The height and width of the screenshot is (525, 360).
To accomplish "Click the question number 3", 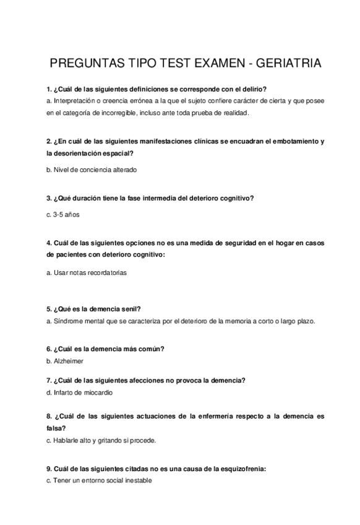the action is click(x=48, y=199).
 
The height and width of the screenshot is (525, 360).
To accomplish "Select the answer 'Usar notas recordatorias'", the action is click(x=89, y=272).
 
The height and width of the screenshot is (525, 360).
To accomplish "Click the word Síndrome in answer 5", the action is click(x=67, y=321).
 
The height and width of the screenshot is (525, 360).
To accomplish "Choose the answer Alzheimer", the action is click(x=68, y=361).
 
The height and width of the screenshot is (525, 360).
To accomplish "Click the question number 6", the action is click(x=48, y=349).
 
